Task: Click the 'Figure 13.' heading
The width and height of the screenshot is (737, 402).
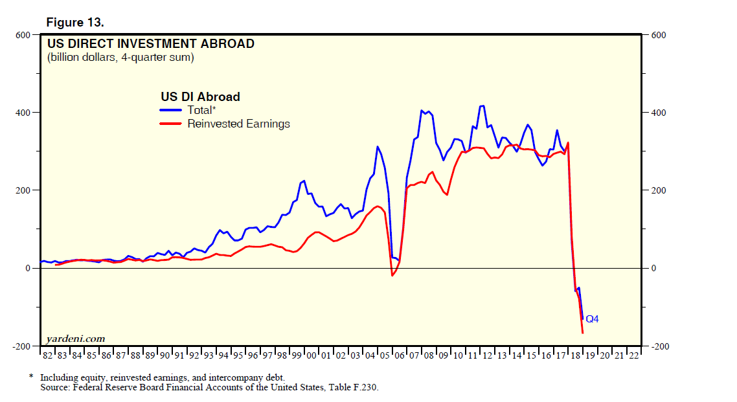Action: pyautogui.click(x=74, y=22)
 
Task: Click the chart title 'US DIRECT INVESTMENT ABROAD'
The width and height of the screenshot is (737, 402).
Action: pyautogui.click(x=150, y=44)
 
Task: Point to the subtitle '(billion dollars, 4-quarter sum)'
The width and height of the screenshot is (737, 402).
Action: pyautogui.click(x=120, y=58)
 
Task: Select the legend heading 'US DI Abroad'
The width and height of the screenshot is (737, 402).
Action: pyautogui.click(x=200, y=97)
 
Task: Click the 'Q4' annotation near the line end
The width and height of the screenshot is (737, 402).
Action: pyautogui.click(x=592, y=319)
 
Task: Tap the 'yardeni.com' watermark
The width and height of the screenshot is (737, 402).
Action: pyautogui.click(x=75, y=339)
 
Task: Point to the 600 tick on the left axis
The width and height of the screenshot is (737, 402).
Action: pyautogui.click(x=23, y=35)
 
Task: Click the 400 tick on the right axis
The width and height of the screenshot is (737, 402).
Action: pyautogui.click(x=658, y=113)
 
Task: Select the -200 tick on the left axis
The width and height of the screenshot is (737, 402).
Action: pyautogui.click(x=22, y=346)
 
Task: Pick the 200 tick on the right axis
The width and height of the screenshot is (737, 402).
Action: pyautogui.click(x=658, y=190)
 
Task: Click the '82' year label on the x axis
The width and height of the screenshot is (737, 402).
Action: pyautogui.click(x=47, y=355)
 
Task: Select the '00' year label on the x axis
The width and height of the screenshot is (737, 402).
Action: pyautogui.click(x=311, y=355)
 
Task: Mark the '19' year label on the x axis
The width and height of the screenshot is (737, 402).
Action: pyautogui.click(x=589, y=355)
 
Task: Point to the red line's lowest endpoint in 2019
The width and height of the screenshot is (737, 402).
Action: pyautogui.click(x=583, y=333)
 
